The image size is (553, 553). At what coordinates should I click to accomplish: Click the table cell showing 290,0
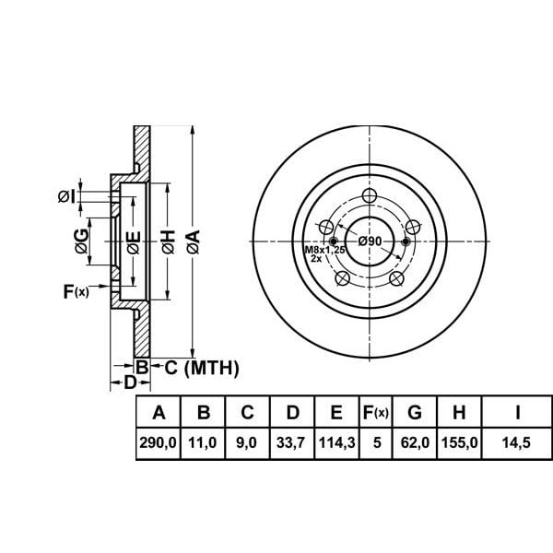click(158, 442)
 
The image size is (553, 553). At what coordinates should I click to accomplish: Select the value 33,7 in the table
click(290, 442)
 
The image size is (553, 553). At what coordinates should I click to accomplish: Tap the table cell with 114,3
click(336, 442)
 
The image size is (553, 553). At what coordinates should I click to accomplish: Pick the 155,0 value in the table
click(460, 442)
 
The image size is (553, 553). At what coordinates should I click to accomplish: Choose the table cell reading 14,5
click(516, 442)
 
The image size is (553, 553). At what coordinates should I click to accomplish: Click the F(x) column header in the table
click(376, 412)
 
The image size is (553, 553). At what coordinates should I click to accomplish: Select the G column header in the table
click(415, 412)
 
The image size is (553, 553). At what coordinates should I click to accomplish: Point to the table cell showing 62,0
click(415, 442)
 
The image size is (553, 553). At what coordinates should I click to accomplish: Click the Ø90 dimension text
click(370, 241)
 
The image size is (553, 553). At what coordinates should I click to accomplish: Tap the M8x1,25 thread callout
click(324, 250)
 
